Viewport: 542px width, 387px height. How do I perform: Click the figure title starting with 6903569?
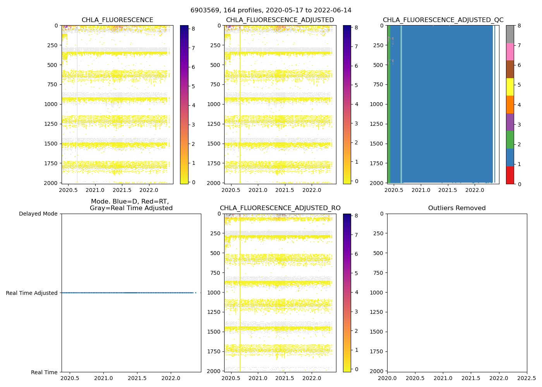click(271, 10)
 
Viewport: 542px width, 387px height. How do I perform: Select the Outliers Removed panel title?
click(457, 208)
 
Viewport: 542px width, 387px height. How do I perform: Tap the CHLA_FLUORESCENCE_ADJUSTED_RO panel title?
click(280, 208)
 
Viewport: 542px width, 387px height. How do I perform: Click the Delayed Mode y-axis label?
click(38, 214)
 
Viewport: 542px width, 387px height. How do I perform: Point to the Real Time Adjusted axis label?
click(32, 293)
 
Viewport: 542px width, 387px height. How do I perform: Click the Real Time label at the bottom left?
click(44, 372)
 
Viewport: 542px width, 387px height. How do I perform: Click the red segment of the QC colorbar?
click(510, 175)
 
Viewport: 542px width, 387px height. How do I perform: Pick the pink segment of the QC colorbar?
click(510, 51)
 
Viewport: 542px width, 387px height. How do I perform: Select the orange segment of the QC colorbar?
click(510, 104)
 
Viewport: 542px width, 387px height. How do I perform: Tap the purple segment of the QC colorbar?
click(510, 122)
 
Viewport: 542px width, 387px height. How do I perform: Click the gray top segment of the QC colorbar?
click(510, 34)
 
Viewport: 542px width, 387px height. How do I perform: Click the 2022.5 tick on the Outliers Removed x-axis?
click(527, 378)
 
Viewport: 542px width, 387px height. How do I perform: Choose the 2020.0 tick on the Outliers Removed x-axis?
click(387, 378)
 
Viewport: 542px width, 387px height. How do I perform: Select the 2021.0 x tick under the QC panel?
click(421, 190)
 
